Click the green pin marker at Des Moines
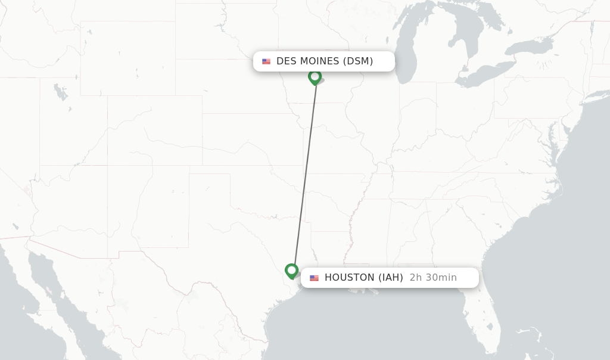pyautogui.click(x=315, y=77)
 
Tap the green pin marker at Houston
pyautogui.click(x=291, y=271)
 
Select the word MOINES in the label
pyautogui.click(x=320, y=61)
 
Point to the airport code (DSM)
pyautogui.click(x=358, y=61)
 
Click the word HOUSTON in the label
pyautogui.click(x=350, y=278)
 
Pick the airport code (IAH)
pyautogui.click(x=391, y=278)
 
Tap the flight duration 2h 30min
pyautogui.click(x=433, y=278)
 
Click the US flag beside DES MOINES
pyautogui.click(x=266, y=61)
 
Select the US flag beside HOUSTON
pyautogui.click(x=314, y=278)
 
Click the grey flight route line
pyautogui.click(x=304, y=173)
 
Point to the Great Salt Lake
pyautogui.click(x=60, y=92)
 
